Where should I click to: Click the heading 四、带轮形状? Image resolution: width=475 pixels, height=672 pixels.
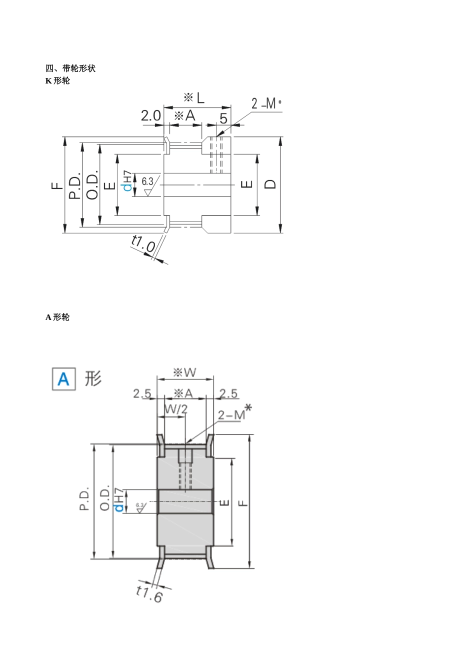coord(70,68)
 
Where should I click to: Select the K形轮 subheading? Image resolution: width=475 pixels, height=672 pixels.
coord(57,80)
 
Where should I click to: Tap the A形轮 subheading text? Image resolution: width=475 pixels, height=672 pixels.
coord(57,317)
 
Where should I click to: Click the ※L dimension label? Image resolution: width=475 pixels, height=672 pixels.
coord(194,97)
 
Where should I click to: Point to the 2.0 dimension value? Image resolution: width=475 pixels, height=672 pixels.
coord(150,116)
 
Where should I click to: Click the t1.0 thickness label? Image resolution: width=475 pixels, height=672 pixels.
coord(143,244)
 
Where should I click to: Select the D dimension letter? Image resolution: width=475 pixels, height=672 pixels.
coord(270,183)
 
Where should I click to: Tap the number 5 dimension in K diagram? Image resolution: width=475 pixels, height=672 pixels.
coord(223,118)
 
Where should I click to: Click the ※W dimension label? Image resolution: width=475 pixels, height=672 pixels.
coord(184,372)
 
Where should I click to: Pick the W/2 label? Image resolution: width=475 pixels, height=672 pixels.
coord(176,409)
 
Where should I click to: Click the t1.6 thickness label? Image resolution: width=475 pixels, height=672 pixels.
coord(149,593)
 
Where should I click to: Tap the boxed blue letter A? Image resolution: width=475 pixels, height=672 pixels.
coord(64,379)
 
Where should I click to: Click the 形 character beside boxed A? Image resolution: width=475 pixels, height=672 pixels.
coord(93,378)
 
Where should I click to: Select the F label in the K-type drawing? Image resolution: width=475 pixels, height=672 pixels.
coord(57,185)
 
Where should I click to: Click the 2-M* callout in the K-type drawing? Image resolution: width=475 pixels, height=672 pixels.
coord(266,103)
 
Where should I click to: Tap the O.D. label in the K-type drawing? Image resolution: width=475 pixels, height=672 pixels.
coord(92,185)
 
